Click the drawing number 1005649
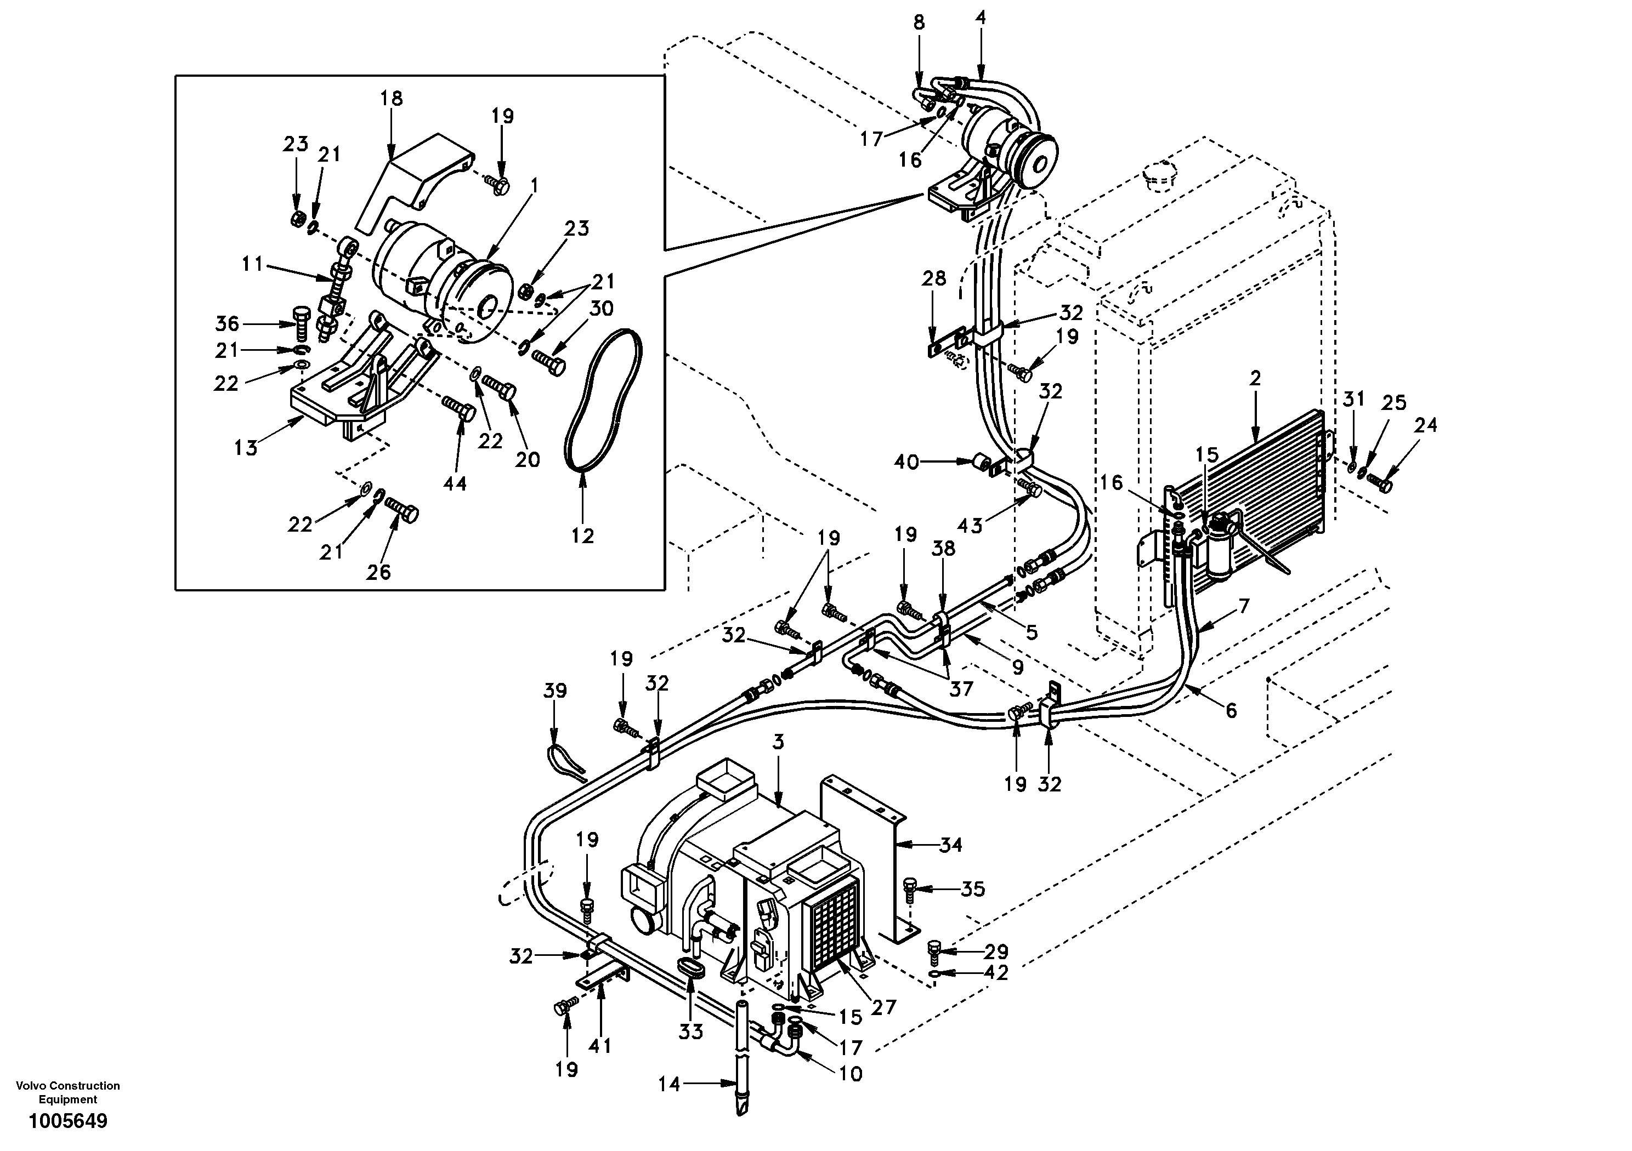[x=68, y=1121]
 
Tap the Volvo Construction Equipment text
[x=68, y=1092]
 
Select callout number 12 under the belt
[x=582, y=535]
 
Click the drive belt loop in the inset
[x=605, y=398]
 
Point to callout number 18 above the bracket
[x=391, y=98]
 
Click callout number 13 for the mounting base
[x=246, y=448]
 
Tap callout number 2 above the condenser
[x=1255, y=379]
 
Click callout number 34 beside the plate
[x=950, y=845]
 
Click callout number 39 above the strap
[x=555, y=691]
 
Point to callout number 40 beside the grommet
[x=906, y=463]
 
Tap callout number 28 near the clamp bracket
[x=934, y=278]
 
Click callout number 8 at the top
[x=919, y=22]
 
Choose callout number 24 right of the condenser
[x=1425, y=425]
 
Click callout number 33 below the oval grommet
[x=690, y=1032]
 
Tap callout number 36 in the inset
[x=228, y=324]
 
